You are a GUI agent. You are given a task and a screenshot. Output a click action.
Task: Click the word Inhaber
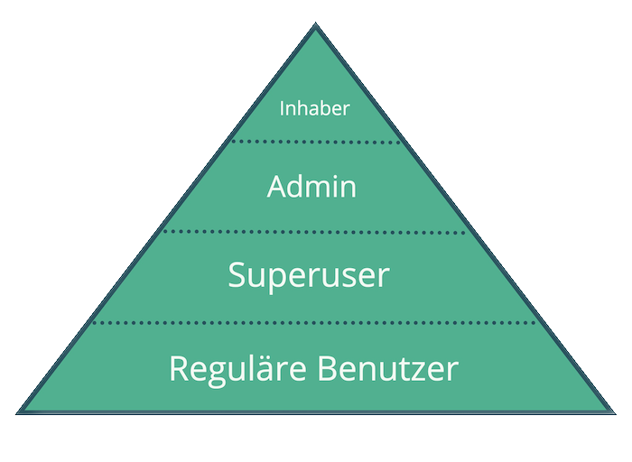314,109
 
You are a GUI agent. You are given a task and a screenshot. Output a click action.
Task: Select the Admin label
312,188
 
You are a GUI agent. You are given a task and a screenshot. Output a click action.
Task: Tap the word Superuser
309,274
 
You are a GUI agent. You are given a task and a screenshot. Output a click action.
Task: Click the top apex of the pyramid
315,27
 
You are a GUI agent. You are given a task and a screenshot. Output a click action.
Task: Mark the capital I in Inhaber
282,109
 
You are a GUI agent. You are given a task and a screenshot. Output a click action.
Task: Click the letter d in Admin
302,188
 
